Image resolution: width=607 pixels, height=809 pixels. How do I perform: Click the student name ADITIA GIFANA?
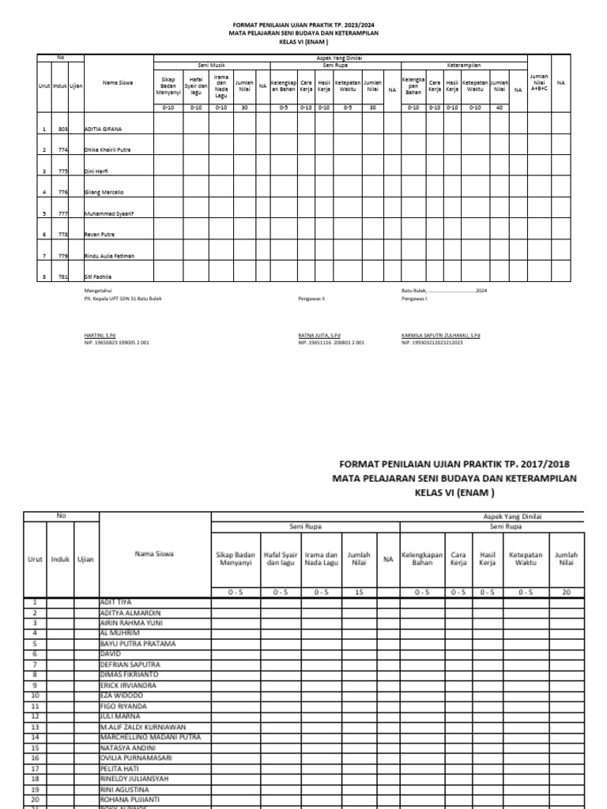pyautogui.click(x=103, y=128)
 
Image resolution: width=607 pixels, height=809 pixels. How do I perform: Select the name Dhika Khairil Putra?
pyautogui.click(x=107, y=149)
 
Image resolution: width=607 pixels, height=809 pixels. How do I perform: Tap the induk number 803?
pyautogui.click(x=61, y=128)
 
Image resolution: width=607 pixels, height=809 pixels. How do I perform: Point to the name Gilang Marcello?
pyautogui.click(x=104, y=192)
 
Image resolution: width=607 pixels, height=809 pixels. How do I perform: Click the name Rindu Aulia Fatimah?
pyautogui.click(x=110, y=256)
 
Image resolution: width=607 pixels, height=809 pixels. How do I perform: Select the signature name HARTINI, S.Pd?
pyautogui.click(x=100, y=335)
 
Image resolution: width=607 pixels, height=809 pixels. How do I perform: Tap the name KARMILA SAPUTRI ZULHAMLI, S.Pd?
pyautogui.click(x=441, y=335)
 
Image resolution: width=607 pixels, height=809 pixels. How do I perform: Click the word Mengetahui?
pyautogui.click(x=100, y=292)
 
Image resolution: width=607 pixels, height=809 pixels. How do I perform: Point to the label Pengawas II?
pyautogui.click(x=311, y=299)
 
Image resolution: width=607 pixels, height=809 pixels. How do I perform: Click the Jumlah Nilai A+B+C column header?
pyautogui.click(x=539, y=81)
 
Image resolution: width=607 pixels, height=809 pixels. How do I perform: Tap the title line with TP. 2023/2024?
pyautogui.click(x=303, y=24)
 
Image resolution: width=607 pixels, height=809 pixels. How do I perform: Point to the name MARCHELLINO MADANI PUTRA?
pyautogui.click(x=150, y=736)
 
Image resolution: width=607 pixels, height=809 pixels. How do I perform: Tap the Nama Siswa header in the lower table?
pyautogui.click(x=155, y=554)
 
